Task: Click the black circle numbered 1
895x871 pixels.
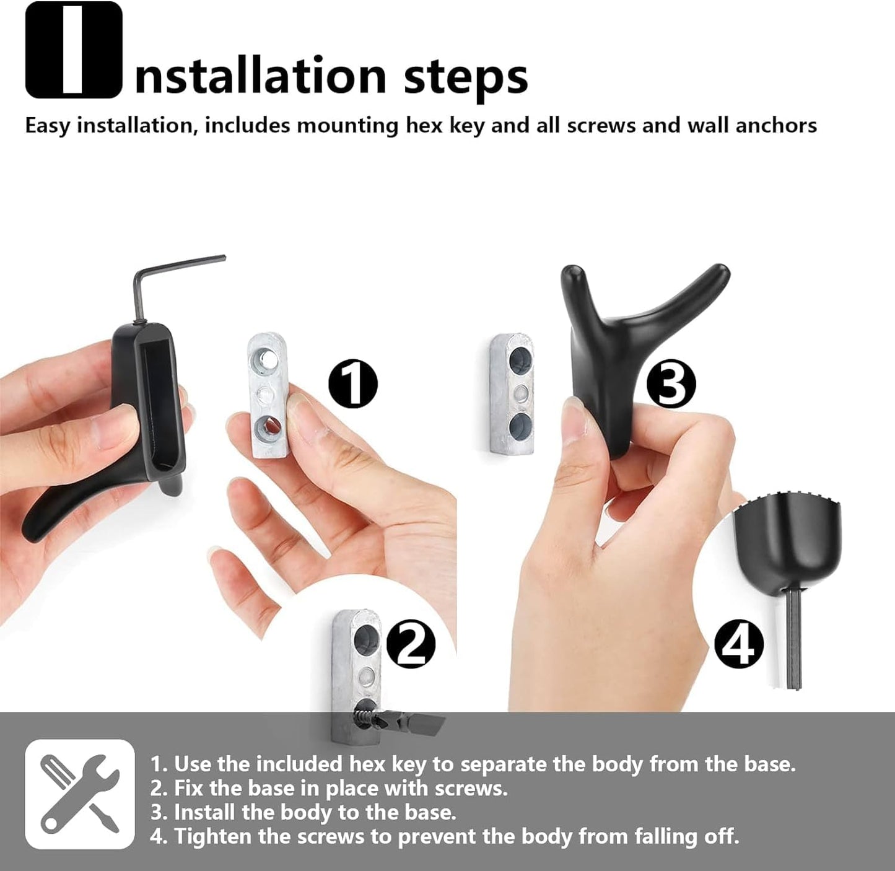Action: pos(352,383)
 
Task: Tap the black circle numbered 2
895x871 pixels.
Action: pos(411,645)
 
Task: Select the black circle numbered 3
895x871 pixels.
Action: pos(671,383)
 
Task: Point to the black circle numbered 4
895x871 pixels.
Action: pos(739,644)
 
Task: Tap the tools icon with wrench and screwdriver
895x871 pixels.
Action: pos(80,794)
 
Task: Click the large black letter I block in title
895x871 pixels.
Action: pos(74,50)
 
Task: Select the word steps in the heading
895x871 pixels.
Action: pos(465,77)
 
